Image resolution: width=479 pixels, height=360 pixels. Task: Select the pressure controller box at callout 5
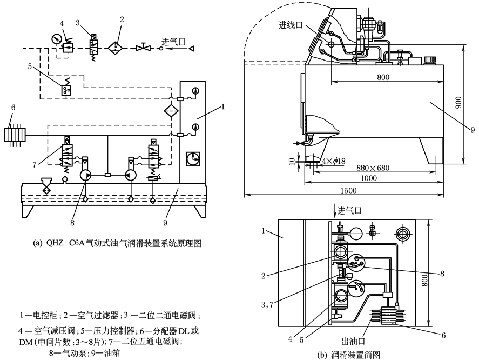pyautogui.click(x=66, y=90)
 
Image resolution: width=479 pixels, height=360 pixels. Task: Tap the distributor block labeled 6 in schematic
pyautogui.click(x=15, y=134)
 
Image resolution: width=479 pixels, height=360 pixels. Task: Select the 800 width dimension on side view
pyautogui.click(x=383, y=77)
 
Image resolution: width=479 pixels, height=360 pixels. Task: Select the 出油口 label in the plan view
pyautogui.click(x=353, y=341)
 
